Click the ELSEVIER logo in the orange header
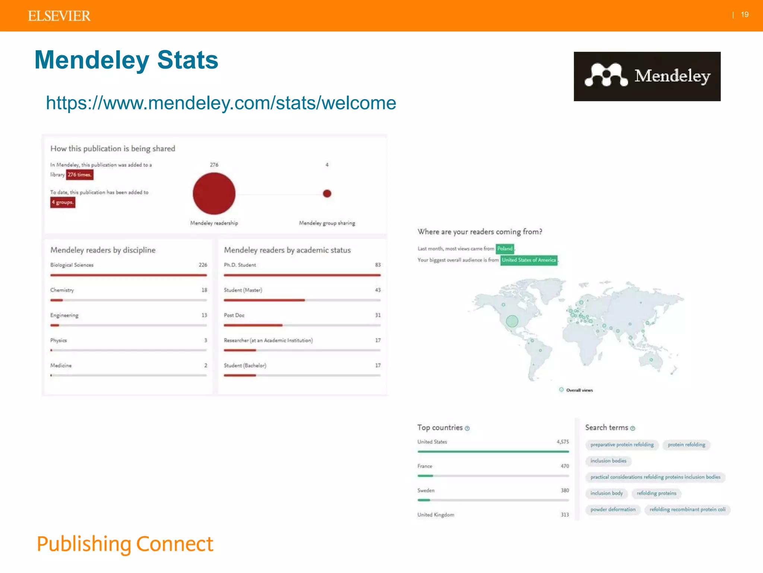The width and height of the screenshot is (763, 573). point(59,16)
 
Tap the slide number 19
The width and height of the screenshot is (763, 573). point(744,15)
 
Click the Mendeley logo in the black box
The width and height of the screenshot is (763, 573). point(647,76)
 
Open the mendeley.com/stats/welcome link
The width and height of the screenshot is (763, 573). point(221,103)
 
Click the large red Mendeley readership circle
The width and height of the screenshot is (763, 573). point(214,193)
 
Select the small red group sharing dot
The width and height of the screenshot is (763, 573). point(327,193)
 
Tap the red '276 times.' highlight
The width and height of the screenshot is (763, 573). point(79,175)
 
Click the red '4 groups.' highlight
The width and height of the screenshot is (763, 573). point(63,202)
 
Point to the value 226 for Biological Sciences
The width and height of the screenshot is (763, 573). point(203,265)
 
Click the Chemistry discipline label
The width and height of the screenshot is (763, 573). point(62,290)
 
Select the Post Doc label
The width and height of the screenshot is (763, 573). point(234,315)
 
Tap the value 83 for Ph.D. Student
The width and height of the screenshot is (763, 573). point(378,265)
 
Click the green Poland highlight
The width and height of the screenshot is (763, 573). point(505,248)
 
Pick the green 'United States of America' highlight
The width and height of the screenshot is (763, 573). point(529,260)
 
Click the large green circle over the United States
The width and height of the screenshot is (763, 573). point(512,321)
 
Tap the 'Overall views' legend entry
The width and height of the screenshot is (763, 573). point(579,390)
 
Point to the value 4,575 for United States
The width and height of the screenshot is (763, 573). point(563,442)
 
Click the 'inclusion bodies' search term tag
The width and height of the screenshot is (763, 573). point(608,461)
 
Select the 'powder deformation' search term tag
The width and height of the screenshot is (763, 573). point(613,510)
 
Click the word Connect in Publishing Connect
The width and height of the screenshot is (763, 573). point(174,544)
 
